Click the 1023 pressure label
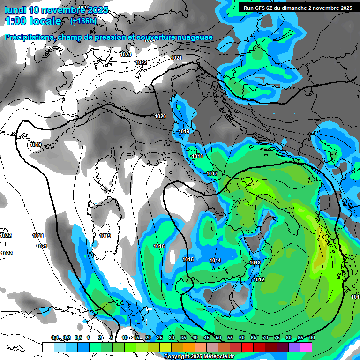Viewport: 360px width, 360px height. point(126,55)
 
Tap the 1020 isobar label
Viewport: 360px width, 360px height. point(160,116)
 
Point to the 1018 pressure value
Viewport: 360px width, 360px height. point(197,156)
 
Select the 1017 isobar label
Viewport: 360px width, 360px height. point(212,174)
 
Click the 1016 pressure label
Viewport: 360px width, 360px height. point(159,246)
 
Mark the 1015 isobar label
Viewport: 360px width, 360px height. point(188,259)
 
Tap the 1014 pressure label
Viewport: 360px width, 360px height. point(215,260)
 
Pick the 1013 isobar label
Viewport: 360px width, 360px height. point(255,262)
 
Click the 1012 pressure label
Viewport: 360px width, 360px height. point(259,280)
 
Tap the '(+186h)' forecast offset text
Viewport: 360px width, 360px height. point(83,21)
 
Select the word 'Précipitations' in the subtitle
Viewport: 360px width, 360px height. point(29,37)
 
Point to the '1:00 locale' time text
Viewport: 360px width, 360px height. point(33,21)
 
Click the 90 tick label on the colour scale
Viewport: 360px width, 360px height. point(312,337)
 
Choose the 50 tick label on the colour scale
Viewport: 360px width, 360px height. point(218,337)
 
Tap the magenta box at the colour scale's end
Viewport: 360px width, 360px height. point(306,347)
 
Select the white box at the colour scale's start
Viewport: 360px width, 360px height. point(48,347)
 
